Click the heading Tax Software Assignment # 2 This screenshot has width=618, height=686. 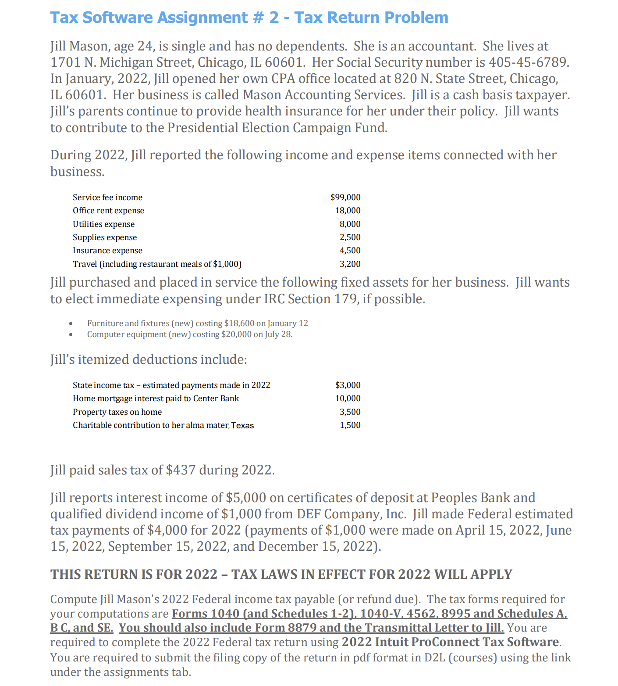click(x=249, y=18)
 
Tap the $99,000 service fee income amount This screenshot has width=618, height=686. click(x=345, y=198)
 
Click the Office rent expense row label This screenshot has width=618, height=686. click(x=108, y=211)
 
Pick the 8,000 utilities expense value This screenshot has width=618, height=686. click(x=350, y=224)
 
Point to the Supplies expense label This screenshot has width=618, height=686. click(x=105, y=237)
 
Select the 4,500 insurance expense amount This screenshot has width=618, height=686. click(x=350, y=251)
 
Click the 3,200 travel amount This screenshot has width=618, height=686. click(x=350, y=264)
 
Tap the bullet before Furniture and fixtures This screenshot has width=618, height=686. click(x=71, y=323)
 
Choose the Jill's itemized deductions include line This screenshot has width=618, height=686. click(x=149, y=359)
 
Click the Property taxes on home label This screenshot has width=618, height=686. click(x=117, y=412)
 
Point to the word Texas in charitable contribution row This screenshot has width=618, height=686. click(x=242, y=425)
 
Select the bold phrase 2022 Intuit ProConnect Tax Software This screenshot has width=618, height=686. click(x=450, y=642)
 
